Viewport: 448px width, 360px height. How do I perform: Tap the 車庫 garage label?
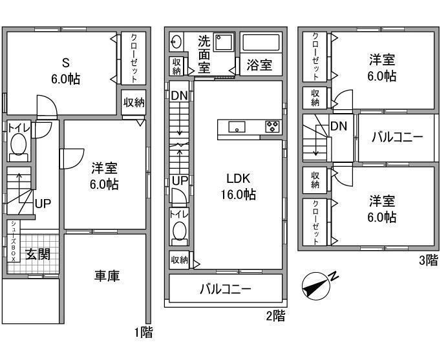107,276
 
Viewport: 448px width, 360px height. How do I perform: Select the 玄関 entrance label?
37,254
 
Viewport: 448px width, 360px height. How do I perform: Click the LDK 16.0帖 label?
240,186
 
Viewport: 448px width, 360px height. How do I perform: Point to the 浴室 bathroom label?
259,65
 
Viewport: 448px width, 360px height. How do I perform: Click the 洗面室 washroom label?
204,53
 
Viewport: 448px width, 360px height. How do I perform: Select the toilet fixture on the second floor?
178,232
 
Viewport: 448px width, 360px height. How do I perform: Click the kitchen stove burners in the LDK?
272,127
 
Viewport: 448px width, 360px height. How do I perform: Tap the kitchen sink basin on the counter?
237,127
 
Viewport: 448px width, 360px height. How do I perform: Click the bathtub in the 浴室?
261,43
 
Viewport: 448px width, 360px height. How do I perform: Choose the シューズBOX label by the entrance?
12,240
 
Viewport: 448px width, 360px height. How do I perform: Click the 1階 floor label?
143,333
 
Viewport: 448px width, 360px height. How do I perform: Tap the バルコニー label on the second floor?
224,290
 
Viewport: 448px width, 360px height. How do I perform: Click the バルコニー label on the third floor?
396,138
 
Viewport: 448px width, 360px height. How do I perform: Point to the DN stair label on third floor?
338,127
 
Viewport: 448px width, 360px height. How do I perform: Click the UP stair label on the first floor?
43,204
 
